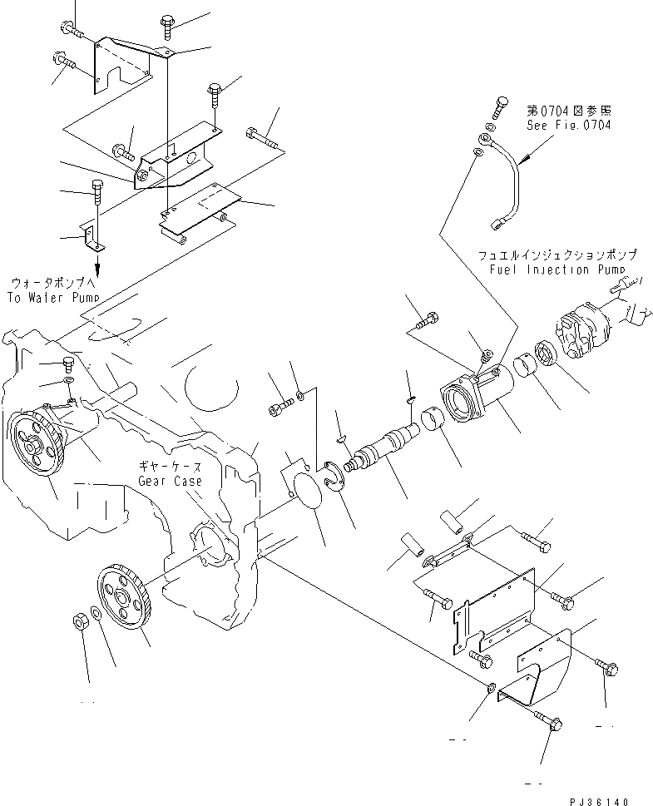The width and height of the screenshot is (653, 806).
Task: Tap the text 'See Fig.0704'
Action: [x=568, y=126]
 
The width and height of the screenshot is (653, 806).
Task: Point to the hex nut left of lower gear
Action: [x=76, y=621]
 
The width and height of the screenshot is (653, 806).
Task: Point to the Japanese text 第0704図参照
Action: [x=568, y=110]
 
